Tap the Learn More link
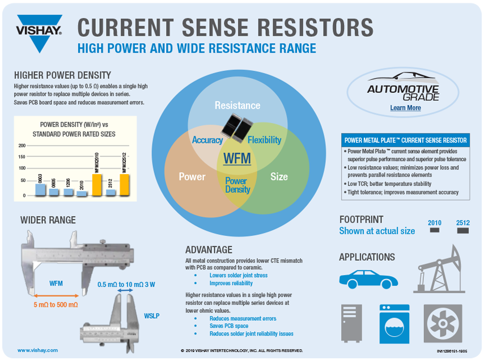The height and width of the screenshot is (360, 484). click(405, 108)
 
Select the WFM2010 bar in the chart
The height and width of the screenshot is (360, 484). click(97, 185)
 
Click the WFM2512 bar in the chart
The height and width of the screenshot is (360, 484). click(125, 185)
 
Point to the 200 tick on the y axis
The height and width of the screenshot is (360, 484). click(22, 146)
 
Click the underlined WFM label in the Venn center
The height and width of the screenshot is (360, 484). click(237, 158)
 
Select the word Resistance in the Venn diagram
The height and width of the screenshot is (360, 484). click(237, 105)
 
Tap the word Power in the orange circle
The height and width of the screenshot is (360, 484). click(192, 177)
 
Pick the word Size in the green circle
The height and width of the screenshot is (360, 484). click(279, 177)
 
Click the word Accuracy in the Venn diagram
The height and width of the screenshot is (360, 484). click(207, 140)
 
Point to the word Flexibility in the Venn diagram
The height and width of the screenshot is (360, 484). click(265, 140)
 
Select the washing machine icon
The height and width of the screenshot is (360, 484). click(394, 324)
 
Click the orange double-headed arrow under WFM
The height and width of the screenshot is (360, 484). click(56, 295)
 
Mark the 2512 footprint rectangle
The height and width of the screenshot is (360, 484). click(463, 231)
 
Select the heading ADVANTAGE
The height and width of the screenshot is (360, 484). click(209, 250)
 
